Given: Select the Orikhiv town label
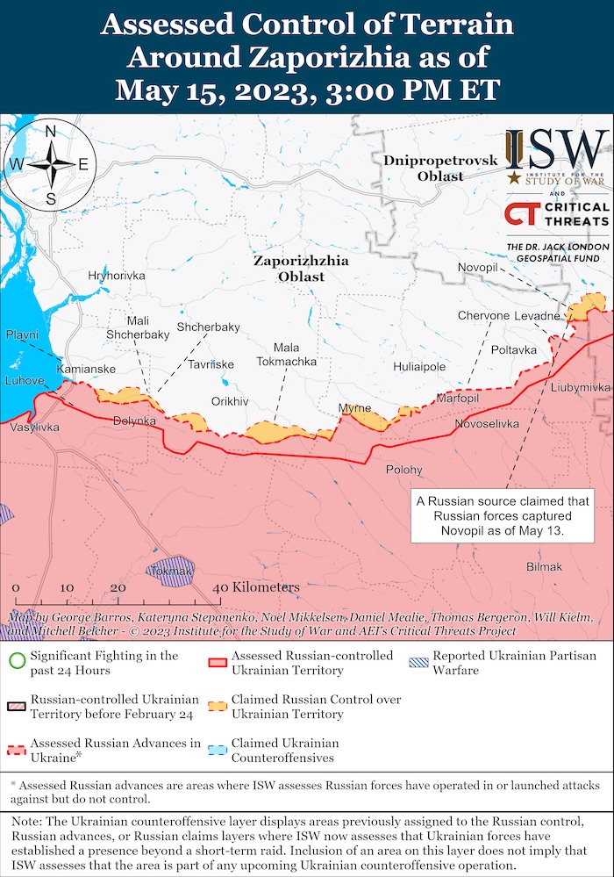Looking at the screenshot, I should [231, 401].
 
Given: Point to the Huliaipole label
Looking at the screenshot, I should [419, 367].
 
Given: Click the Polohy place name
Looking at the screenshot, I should [404, 470].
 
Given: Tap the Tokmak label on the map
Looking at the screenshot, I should [172, 571].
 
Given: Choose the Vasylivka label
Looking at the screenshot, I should [36, 428].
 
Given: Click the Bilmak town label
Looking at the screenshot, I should [544, 567].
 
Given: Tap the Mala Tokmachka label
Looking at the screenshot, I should [287, 355].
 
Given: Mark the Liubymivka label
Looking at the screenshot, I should [581, 387].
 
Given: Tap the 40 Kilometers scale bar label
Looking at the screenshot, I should [256, 587].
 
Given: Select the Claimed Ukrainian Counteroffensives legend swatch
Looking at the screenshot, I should [216, 750].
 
